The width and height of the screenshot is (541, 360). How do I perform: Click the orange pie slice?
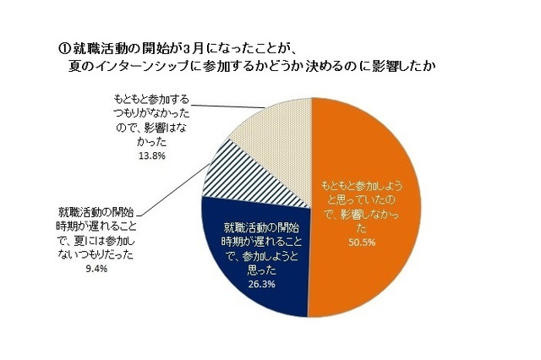[372, 254]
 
